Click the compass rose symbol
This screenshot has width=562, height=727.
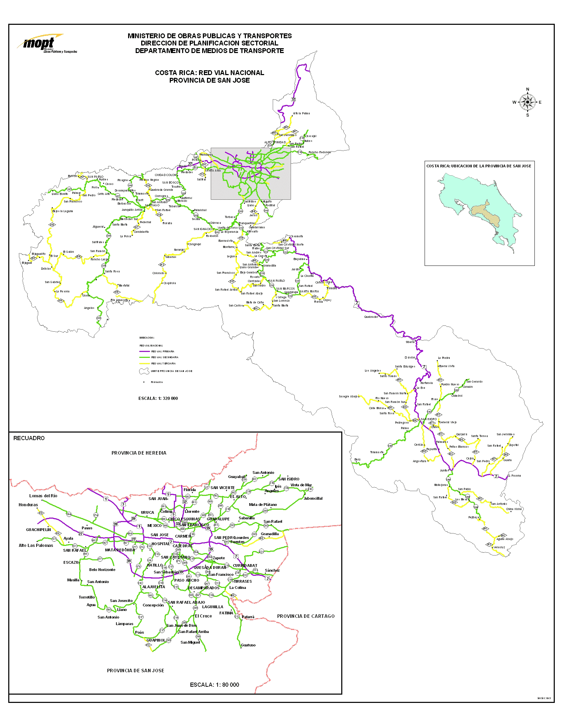pos(527,102)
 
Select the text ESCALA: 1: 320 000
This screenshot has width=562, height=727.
pos(158,398)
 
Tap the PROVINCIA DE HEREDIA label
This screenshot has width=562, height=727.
pos(139,453)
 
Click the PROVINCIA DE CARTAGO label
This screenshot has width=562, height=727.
pos(306,616)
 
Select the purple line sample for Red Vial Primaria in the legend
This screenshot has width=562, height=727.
pos(145,352)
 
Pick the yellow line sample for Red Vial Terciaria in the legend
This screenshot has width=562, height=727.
pos(145,364)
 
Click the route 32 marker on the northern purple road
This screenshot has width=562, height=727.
pos(293,99)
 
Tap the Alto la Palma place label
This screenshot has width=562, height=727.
pos(301,113)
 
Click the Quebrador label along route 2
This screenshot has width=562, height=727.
pos(371,317)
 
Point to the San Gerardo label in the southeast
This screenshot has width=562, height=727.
pos(475,382)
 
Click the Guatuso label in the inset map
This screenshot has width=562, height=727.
pos(248,645)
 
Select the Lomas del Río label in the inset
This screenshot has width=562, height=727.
pos(43,496)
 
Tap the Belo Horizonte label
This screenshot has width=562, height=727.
pos(102,570)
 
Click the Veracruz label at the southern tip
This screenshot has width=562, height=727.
pos(499,547)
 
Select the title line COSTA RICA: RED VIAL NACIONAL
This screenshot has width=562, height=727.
pos(209,73)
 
